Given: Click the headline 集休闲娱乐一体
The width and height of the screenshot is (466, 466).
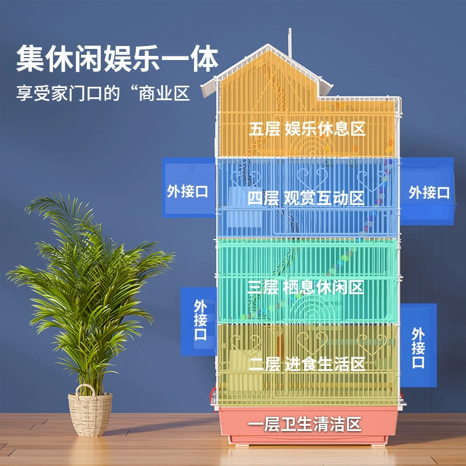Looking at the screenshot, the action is pos(118,58).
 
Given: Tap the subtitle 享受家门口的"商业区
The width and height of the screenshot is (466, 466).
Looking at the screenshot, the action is pos(103,93).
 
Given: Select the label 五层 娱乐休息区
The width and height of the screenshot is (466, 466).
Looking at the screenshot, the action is pos(307,129).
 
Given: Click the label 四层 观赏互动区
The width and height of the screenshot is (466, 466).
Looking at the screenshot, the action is pos(306,198).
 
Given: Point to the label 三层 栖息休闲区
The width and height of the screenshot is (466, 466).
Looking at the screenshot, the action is pos(305,287).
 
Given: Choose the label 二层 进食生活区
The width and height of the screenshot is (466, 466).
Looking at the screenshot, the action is pos(307,363).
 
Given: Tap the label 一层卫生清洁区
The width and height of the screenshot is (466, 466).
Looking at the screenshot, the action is pos(305,424).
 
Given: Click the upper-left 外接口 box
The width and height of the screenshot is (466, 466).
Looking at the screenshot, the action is pos(189,187).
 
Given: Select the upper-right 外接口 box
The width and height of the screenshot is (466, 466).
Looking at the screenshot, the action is pos(427,191).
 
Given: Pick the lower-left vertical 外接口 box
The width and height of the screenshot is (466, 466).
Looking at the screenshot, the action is pos(199,321).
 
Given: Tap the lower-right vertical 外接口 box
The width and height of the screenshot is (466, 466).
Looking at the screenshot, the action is pos(418,345).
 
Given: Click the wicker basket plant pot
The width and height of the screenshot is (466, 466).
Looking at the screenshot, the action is pos(90,411).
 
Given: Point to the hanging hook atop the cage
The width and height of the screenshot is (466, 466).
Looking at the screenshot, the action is pos(290,41).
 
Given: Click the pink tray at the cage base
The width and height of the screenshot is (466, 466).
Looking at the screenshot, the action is pos(309,426).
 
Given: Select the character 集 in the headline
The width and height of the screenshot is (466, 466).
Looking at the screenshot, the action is pos(30,58).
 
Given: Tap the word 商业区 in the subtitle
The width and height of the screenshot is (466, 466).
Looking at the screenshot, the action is pos(164,94).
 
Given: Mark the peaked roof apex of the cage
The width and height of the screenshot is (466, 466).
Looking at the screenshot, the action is pos(269,45).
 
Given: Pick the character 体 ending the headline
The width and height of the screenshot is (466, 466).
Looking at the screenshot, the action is pos(205,58).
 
